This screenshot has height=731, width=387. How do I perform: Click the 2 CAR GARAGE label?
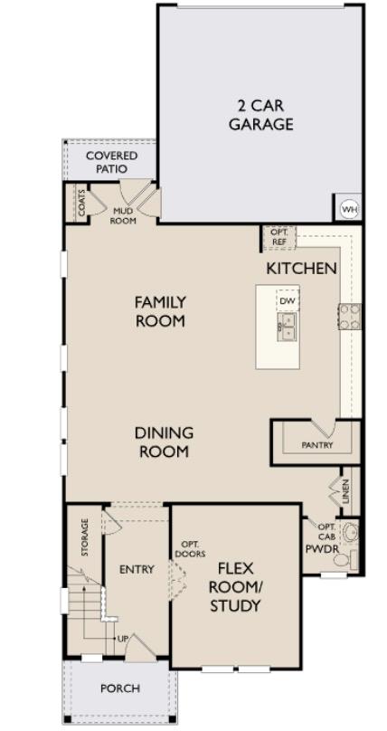coord(260,115)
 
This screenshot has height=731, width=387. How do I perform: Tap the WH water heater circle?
coord(348,209)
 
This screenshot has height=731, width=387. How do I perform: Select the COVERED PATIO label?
coord(112,163)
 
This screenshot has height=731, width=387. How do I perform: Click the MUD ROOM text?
coord(122,214)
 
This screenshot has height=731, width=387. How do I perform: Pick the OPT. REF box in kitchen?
coord(277,237)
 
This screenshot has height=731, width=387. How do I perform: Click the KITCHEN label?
coord(301,269)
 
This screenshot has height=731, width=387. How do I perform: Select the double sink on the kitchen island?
coord(288,326)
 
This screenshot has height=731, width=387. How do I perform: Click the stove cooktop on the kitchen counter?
coord(349,316)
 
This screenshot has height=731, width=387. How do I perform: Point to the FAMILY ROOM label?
coord(160,311)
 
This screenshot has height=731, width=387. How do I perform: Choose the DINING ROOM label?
coord(164,442)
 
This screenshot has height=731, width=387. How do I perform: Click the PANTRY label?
coord(316,445)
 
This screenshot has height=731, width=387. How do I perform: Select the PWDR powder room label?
coord(321,548)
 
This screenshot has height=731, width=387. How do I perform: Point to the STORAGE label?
coord(85,537)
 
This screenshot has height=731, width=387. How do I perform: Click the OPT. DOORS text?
coord(190,547)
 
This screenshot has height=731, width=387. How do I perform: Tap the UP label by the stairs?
coord(122,639)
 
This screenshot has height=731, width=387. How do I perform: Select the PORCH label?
coord(120,688)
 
